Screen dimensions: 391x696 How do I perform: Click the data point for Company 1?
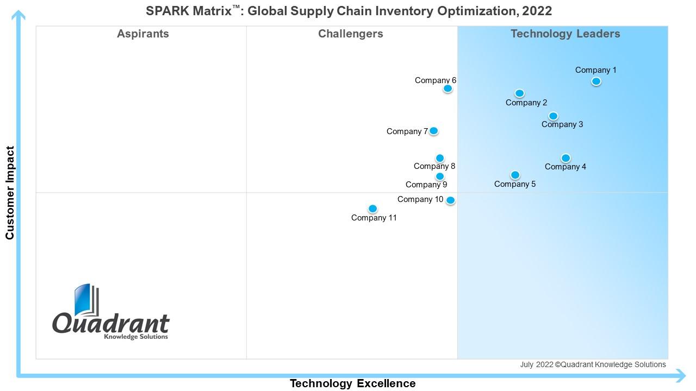tap(596, 81)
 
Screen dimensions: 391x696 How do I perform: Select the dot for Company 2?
tap(519, 93)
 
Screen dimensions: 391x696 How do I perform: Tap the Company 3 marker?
tap(553, 116)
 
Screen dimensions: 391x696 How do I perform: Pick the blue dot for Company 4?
tap(565, 158)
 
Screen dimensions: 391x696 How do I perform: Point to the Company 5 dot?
tap(515, 175)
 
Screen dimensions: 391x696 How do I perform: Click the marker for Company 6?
tap(448, 89)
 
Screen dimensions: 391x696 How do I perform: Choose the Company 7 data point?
tap(433, 131)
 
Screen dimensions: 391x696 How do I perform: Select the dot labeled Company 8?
tap(440, 159)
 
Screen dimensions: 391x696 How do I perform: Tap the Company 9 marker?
tap(440, 176)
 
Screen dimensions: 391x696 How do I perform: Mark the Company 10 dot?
tap(450, 200)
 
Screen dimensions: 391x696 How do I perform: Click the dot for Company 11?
tap(372, 209)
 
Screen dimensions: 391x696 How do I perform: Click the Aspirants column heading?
tap(143, 34)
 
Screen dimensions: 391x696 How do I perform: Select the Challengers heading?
tap(351, 34)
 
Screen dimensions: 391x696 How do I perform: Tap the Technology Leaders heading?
tap(565, 34)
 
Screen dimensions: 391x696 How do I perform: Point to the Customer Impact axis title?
tap(10, 193)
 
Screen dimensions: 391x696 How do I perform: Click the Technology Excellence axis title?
tap(352, 383)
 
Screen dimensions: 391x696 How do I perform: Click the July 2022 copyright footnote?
tap(593, 365)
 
